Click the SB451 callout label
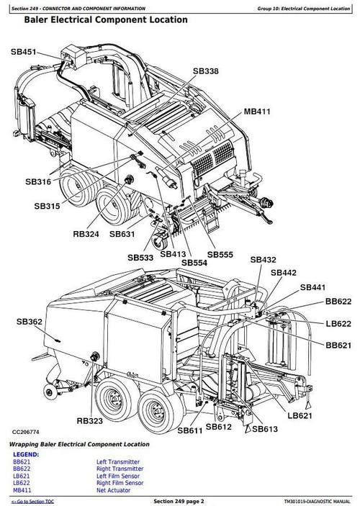pyautogui.click(x=24, y=52)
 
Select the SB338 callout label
pyautogui.click(x=207, y=71)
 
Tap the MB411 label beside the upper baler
pyautogui.click(x=257, y=112)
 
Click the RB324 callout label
pyautogui.click(x=87, y=233)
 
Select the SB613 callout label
pyautogui.click(x=264, y=429)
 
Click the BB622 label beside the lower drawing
pyautogui.click(x=338, y=301)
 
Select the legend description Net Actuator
pyautogui.click(x=113, y=489)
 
